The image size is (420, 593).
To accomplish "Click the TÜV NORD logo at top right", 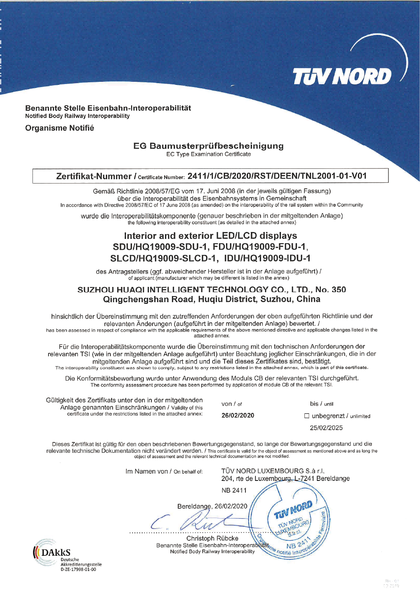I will tap(342, 76).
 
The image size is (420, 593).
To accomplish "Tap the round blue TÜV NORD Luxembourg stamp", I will tap(290, 520).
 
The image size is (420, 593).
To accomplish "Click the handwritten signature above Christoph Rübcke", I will tap(195, 522).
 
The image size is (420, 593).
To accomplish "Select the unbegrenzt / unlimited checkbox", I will tap(307, 416).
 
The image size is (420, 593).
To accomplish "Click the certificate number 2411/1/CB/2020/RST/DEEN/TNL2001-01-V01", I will tap(277, 176).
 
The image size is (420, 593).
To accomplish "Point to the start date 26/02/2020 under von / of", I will tap(238, 416).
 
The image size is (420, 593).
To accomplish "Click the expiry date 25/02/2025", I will tap(326, 428).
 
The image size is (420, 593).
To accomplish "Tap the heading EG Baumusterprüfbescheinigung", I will tap(208, 146).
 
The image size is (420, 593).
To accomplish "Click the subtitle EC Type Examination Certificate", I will tap(208, 154).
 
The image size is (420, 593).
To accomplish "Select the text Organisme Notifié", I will tap(59, 128).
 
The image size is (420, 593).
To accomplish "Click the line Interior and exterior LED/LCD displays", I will tap(210, 236).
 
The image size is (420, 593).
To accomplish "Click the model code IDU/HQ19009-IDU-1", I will tap(267, 258).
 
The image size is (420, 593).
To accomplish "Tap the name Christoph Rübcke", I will tap(212, 538).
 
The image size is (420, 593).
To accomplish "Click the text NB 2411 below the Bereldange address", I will tap(234, 490).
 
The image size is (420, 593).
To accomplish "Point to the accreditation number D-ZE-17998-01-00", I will tap(78, 570).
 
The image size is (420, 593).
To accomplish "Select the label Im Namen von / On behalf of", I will tap(164, 471).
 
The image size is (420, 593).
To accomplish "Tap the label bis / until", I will tap(321, 404).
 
